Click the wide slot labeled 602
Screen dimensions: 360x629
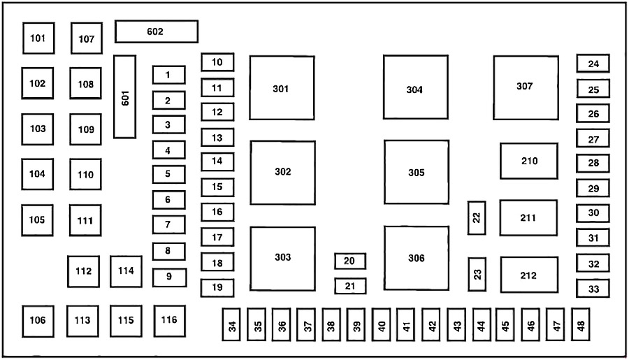156,31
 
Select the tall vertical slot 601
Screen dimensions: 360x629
125,96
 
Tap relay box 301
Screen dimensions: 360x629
282,89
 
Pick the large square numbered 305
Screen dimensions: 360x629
416,172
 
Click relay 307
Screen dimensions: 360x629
526,87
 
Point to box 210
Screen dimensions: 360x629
528,161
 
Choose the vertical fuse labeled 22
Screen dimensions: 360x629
477,217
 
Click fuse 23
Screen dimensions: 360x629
477,274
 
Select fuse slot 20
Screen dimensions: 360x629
350,261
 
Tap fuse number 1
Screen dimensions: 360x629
168,75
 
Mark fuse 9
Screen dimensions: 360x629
169,277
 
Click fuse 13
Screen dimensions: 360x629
217,138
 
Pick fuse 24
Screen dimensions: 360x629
593,64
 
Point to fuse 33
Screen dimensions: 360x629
593,288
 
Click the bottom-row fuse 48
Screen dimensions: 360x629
581,324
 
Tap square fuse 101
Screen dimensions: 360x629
38,38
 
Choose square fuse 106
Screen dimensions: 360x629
38,321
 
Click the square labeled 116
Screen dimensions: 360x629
169,321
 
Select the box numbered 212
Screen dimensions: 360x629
528,275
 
